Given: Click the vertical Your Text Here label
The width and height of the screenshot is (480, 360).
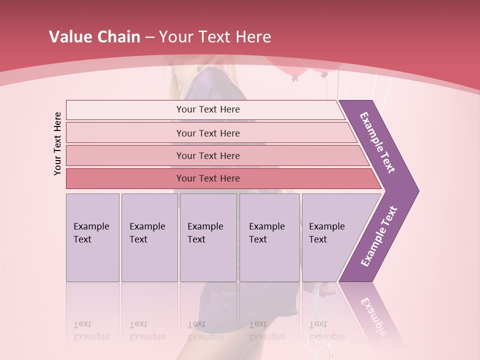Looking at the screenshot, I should tap(57, 143).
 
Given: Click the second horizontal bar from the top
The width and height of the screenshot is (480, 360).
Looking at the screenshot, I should tap(207, 133).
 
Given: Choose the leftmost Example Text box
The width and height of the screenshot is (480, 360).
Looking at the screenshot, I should tap(92, 237).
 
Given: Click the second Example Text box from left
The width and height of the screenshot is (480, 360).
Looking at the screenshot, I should tap(149, 237).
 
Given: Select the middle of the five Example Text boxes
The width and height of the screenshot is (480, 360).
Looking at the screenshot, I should tap(208, 237).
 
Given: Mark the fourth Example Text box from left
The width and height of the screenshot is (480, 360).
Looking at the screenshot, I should tap(269, 237).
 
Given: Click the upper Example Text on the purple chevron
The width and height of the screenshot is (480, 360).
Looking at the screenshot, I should tap(377, 142).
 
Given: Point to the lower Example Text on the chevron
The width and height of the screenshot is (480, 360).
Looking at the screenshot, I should tap(379, 236).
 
